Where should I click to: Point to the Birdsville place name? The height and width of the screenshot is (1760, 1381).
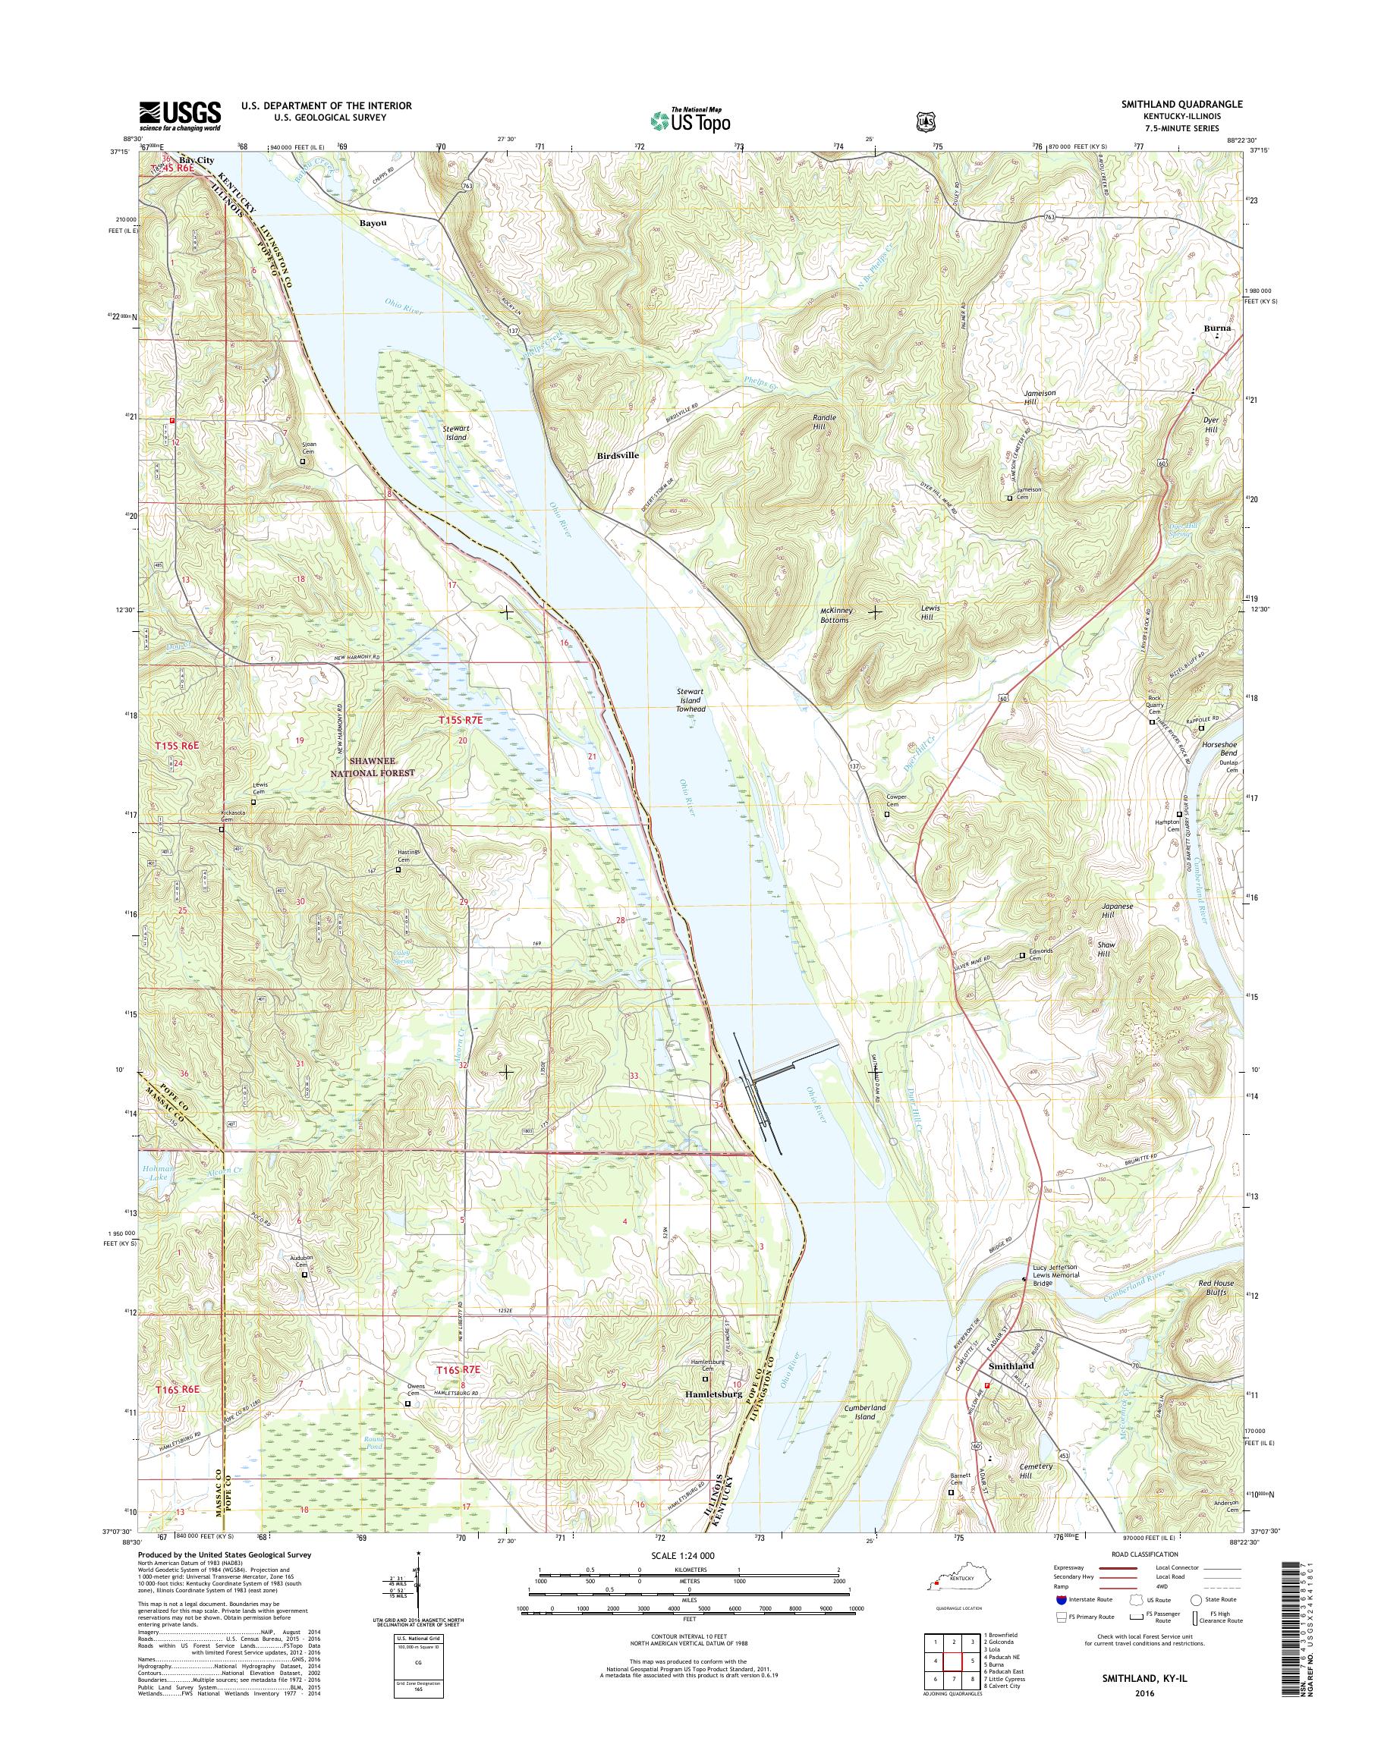618,455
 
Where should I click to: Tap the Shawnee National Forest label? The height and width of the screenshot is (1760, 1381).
382,767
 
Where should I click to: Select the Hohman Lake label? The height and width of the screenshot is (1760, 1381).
159,1174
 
